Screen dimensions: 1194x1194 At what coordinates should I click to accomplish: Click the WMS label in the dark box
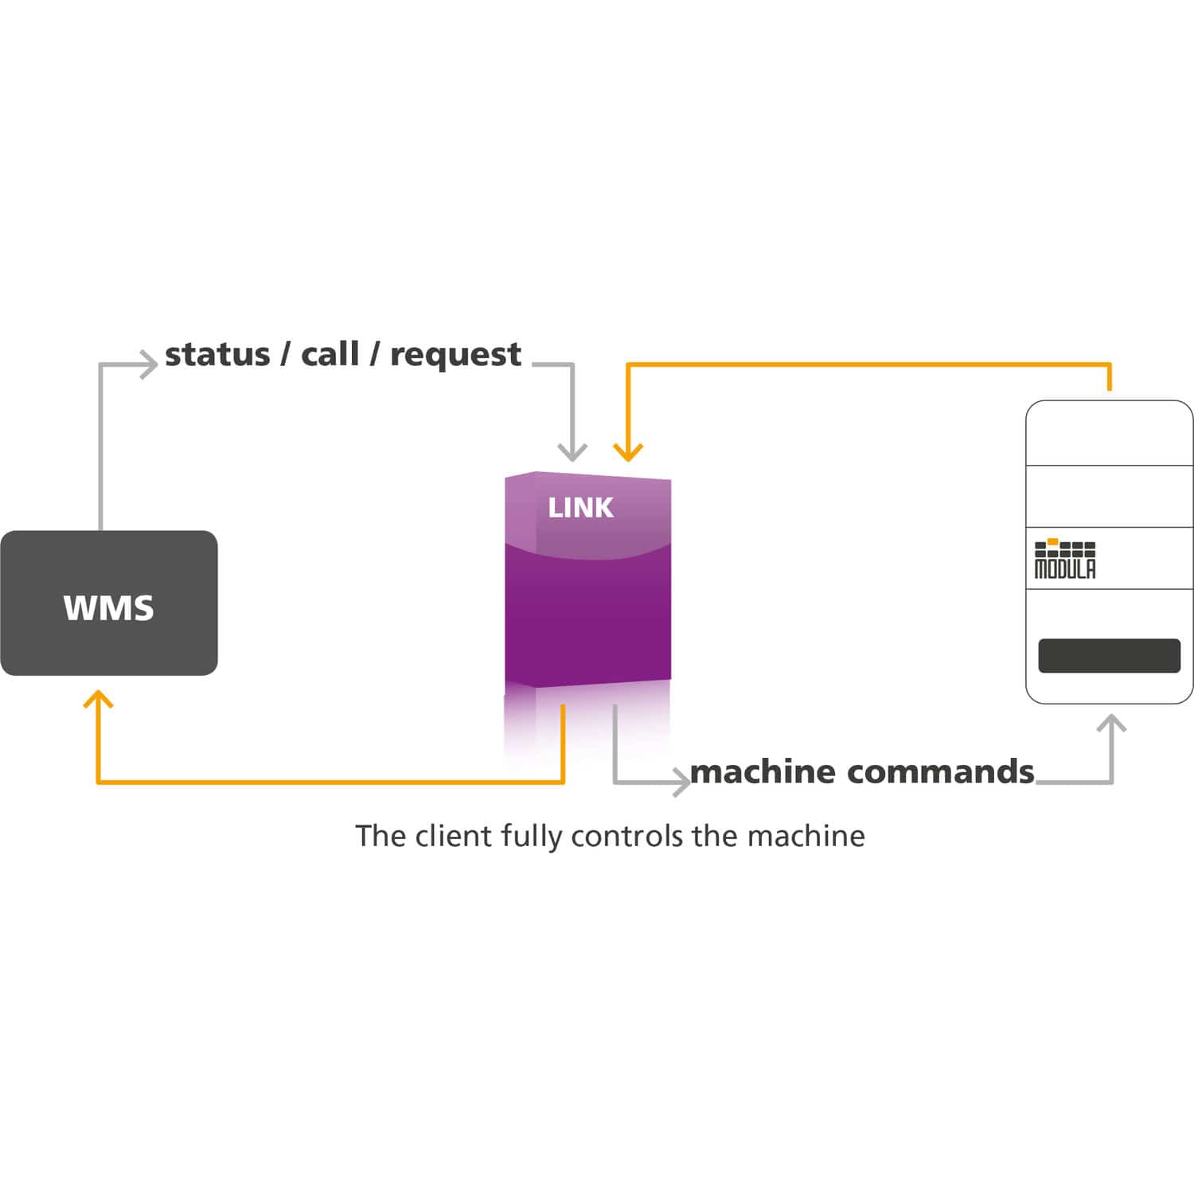108,608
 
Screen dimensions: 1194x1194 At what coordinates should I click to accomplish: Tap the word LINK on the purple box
580,508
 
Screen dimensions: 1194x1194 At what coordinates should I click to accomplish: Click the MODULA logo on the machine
1065,560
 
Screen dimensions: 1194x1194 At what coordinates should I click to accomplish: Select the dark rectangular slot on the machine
1109,656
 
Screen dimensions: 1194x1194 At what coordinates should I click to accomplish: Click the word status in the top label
217,355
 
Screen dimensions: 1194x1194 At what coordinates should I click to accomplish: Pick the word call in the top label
330,355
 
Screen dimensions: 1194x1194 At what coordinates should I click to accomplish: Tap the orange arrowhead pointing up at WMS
98,700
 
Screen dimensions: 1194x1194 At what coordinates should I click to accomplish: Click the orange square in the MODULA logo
1052,542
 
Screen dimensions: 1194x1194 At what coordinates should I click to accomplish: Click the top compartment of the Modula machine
1109,434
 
